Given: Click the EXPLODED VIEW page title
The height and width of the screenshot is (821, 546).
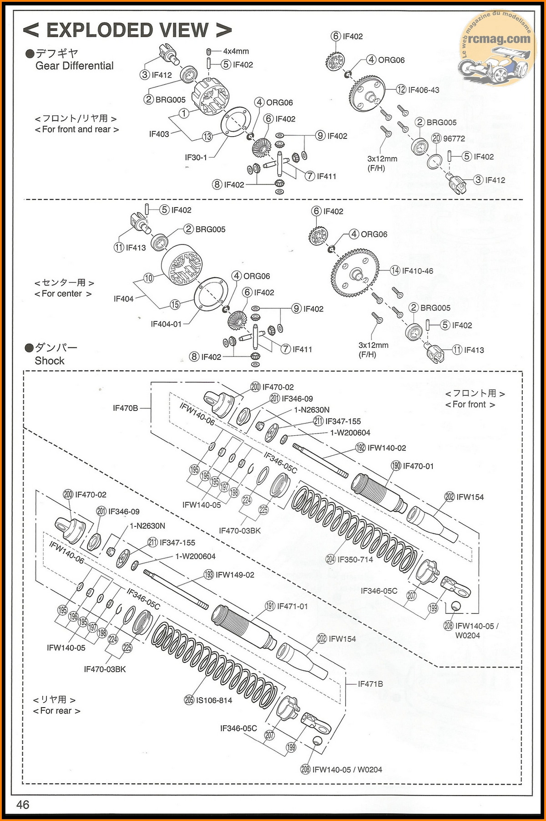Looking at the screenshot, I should (x=127, y=31).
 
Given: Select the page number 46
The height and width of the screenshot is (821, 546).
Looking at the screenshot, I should (x=23, y=805).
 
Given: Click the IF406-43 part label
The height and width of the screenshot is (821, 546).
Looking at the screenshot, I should (x=424, y=90).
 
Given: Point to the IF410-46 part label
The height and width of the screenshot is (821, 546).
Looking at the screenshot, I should (x=417, y=271).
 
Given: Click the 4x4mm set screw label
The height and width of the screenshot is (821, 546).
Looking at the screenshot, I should (x=236, y=51).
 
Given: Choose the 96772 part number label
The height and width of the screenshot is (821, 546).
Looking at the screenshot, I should (x=454, y=138).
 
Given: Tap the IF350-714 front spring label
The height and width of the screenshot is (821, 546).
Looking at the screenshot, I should (x=355, y=559).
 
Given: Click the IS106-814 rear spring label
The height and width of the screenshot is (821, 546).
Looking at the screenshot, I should (x=214, y=700).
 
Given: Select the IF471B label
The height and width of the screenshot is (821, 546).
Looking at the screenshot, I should (x=370, y=683).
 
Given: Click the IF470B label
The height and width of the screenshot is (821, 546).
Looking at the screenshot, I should (x=125, y=408).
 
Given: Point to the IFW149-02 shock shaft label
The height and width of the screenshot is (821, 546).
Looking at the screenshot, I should (x=235, y=575).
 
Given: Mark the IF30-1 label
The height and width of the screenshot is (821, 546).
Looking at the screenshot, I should (x=196, y=158).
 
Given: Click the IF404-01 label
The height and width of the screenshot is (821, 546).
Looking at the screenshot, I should (x=166, y=324).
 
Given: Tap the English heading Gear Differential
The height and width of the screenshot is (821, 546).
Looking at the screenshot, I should (x=75, y=66).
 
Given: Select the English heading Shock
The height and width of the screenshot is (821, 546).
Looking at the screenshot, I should (x=50, y=361).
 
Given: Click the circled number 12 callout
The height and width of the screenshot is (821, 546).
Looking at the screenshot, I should (x=401, y=90).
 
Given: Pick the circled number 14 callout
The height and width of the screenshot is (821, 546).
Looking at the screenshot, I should (x=395, y=271).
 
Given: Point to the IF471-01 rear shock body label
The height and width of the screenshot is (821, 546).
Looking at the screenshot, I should (x=292, y=606).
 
